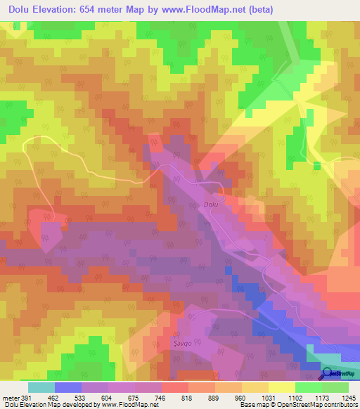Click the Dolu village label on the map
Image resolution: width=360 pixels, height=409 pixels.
(x=211, y=204)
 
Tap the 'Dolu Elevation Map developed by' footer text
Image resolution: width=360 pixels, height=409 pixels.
(x=49, y=404)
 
